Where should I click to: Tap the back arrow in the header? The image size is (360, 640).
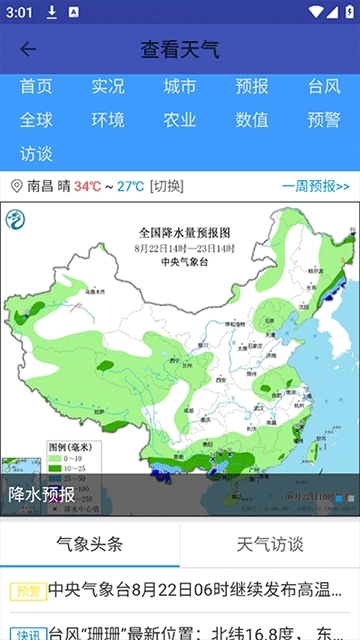28,49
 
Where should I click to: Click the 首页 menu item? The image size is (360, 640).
36,87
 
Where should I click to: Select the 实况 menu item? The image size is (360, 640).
108,87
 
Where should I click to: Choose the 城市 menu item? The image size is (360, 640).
180,87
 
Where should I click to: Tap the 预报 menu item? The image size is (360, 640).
252,87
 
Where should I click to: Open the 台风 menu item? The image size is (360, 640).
324,87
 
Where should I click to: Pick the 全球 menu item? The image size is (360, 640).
36,120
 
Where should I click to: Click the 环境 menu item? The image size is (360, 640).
108,120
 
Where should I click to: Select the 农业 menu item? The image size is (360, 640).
180,120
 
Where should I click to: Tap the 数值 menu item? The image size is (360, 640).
252,120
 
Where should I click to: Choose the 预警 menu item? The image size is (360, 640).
324,120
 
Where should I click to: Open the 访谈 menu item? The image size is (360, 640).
36,154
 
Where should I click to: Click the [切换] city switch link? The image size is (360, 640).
167,186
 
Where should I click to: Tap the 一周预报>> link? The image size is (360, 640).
315,186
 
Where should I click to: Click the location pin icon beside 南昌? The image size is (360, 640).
16,186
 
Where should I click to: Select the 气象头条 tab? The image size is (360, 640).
90,544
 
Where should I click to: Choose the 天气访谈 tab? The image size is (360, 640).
270,544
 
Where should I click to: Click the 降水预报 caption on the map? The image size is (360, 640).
42,494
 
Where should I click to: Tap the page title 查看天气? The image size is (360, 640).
180,49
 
